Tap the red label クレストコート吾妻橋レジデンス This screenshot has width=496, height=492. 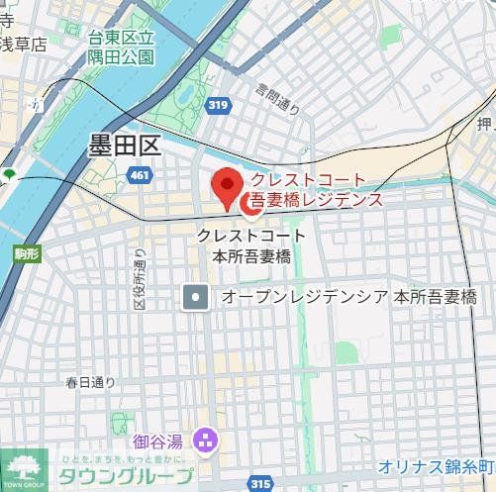315,190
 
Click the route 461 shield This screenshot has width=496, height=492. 140,175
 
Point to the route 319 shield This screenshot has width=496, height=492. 219,104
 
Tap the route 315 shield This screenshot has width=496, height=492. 261,483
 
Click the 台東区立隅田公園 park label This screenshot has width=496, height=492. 122,48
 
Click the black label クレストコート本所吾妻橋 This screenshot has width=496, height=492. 251,246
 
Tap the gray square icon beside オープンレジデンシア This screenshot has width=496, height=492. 196,296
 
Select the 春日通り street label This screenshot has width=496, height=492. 90,382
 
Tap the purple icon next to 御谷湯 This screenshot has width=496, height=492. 205,438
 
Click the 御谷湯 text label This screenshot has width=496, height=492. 159,439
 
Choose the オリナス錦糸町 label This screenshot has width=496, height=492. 436,466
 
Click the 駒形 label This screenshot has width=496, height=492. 27,254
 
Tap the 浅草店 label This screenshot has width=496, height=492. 23,45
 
